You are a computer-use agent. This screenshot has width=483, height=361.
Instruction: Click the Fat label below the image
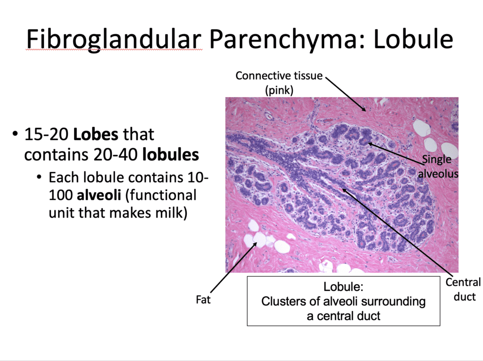pyautogui.click(x=203, y=299)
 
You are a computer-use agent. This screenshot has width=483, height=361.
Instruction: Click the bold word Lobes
pyautogui.click(x=96, y=135)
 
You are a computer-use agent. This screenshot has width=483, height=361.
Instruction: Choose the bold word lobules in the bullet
pyautogui.click(x=170, y=154)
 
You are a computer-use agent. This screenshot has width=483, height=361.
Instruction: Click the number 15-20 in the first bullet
pyautogui.click(x=47, y=135)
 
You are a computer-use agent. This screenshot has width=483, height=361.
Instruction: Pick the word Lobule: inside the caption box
pyautogui.click(x=343, y=286)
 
